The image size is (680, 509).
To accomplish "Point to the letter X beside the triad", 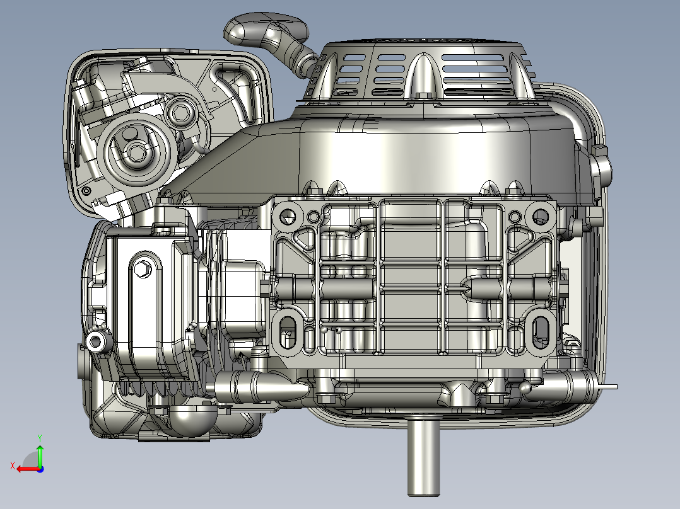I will pyautogui.click(x=12, y=465).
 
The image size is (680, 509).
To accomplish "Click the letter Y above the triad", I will pyautogui.click(x=39, y=437).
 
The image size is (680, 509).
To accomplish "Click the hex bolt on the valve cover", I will pyautogui.click(x=143, y=269).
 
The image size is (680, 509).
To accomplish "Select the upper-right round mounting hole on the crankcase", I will pyautogui.click(x=541, y=216).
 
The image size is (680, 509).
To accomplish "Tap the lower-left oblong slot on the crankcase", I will pyautogui.click(x=287, y=329).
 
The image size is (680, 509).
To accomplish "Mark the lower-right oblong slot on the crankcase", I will pyautogui.click(x=541, y=329).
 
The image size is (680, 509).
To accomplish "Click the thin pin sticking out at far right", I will pyautogui.click(x=608, y=384).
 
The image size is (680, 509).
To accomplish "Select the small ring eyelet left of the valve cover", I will pyautogui.click(x=96, y=342).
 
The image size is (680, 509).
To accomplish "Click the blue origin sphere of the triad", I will pyautogui.click(x=40, y=469).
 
